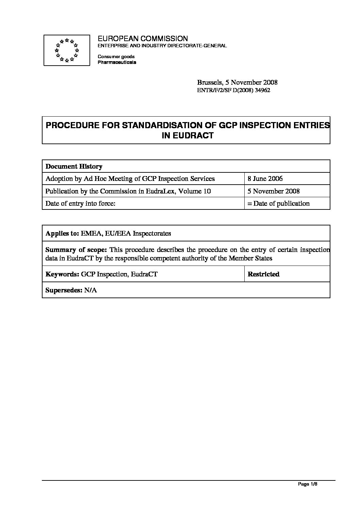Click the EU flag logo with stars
tap(67, 50)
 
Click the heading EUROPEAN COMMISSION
tap(143, 39)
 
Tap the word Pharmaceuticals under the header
tap(117, 63)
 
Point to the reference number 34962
tap(262, 90)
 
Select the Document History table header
tap(74, 166)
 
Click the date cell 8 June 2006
tap(265, 179)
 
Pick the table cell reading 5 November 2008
tap(274, 191)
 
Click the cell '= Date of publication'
tap(278, 203)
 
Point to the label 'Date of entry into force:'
tap(79, 203)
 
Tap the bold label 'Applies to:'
tap(62, 233)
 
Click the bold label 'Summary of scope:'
tap(76, 250)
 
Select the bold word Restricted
tap(263, 274)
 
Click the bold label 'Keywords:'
tap(62, 274)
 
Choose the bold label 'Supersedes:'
tap(64, 290)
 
